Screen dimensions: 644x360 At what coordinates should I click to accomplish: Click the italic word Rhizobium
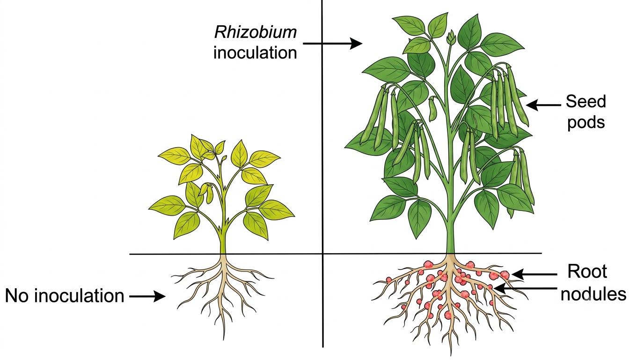coord(255,32)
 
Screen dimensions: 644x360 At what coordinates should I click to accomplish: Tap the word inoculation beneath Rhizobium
coord(255,52)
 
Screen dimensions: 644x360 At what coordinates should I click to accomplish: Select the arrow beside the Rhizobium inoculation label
coord(333,44)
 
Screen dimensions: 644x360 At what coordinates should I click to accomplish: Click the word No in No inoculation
coord(17,296)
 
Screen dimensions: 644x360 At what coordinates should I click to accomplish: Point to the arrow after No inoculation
coord(147,296)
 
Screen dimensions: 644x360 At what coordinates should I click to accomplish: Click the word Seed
coord(585,101)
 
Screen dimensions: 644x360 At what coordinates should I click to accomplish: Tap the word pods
coord(586,123)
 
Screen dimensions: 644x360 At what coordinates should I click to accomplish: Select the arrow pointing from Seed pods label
coord(544,105)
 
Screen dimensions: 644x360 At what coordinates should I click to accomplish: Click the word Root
coord(587,271)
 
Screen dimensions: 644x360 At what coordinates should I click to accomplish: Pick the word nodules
coord(593,294)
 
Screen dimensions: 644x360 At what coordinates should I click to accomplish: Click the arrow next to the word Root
coord(534,275)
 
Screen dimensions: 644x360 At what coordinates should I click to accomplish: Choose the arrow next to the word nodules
coord(526,288)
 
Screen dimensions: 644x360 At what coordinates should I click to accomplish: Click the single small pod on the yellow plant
coord(209,194)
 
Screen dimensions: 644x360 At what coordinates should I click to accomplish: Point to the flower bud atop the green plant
coord(451,37)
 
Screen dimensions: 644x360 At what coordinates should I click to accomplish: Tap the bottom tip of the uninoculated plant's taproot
coord(224,340)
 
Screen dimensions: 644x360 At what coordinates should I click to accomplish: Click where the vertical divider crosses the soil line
coord(322,254)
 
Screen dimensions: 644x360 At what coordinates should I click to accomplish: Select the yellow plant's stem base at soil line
coord(223,254)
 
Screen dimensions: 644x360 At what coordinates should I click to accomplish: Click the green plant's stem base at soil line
coord(450,254)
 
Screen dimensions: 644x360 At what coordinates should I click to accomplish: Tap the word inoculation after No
coord(80,296)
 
